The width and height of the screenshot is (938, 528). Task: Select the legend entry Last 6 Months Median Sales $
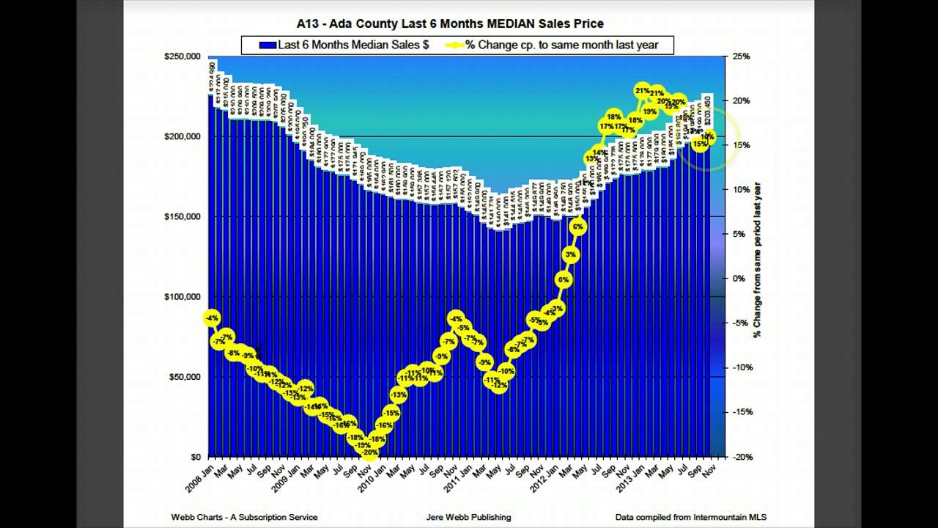pos(344,45)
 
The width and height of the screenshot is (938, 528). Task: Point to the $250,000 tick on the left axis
pos(183,56)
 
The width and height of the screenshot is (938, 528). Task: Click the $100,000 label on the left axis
pos(183,297)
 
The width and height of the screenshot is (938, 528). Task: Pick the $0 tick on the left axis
pos(195,457)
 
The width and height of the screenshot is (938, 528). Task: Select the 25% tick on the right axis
pos(740,56)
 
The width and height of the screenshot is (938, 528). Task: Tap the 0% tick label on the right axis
pos(739,279)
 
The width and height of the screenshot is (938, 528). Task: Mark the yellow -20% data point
pos(370,452)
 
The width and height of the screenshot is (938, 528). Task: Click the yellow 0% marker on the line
pos(564,279)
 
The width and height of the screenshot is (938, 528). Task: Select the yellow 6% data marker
pos(578,227)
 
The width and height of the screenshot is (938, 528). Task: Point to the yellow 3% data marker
pos(571,254)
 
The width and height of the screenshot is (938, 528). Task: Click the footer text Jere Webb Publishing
pos(468,517)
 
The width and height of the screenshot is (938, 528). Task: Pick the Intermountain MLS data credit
pos(690,517)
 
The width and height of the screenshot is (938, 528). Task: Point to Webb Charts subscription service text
pos(245,517)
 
